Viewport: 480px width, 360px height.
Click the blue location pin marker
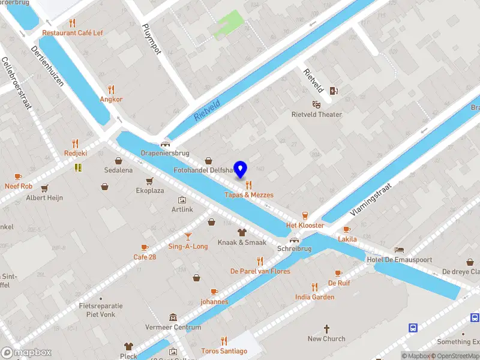tap(241, 170)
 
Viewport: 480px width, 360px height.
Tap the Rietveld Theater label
tap(316, 115)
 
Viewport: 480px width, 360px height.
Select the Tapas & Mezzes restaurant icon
tap(248, 185)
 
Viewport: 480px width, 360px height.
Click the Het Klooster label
tap(305, 226)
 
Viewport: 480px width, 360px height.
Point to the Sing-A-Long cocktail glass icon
tap(188, 236)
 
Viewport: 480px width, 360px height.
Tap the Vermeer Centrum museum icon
tap(173, 317)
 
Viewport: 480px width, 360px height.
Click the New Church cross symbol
tap(326, 329)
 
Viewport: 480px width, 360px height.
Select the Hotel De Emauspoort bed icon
tap(400, 249)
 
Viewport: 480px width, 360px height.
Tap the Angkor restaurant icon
tap(111, 89)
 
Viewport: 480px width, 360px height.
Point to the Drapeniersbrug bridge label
tap(165, 153)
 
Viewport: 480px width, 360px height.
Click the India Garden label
tap(314, 297)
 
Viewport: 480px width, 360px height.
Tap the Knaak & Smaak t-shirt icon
tap(242, 232)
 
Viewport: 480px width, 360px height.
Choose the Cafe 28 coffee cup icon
tap(145, 247)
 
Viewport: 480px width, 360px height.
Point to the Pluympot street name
tap(151, 40)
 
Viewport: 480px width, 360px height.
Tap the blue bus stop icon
tap(413, 328)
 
